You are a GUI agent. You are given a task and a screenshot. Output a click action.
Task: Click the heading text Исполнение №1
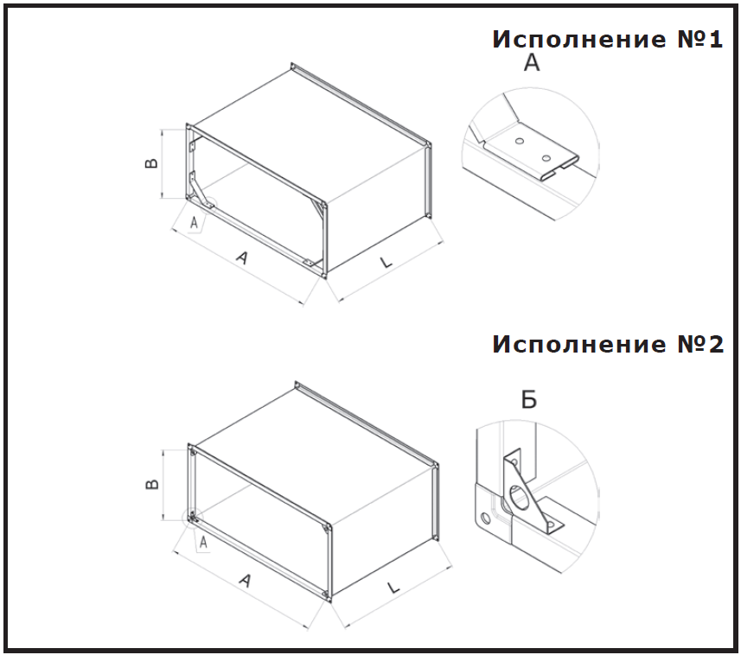tap(607, 40)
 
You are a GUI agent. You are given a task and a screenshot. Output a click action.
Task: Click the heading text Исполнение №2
tap(608, 344)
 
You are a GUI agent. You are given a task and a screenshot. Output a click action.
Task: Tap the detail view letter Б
tap(529, 399)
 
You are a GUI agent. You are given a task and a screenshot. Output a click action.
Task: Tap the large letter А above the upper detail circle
tap(532, 62)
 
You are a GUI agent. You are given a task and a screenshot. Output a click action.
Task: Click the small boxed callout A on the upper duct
tap(195, 223)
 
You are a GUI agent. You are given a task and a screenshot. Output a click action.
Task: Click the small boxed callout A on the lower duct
tap(203, 543)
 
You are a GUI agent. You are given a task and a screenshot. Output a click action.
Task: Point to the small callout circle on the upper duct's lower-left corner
tap(210, 205)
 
